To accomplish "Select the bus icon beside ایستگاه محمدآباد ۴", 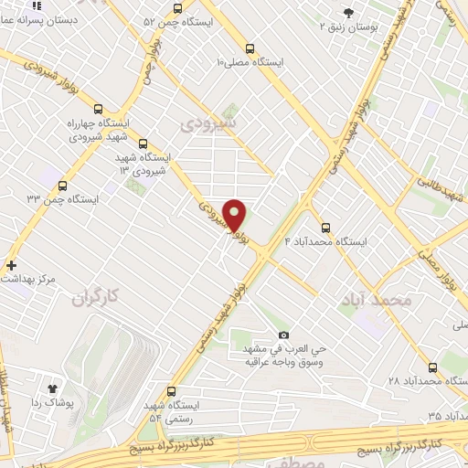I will click(325, 228).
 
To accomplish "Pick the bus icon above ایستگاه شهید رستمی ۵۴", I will click(172, 389).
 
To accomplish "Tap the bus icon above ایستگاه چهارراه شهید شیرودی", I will click(99, 107).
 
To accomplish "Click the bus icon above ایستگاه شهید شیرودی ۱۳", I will click(143, 144).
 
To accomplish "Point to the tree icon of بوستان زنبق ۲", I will click(348, 12).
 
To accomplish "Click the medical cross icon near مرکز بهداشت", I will click(10, 265).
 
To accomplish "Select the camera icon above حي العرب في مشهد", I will click(282, 335).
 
